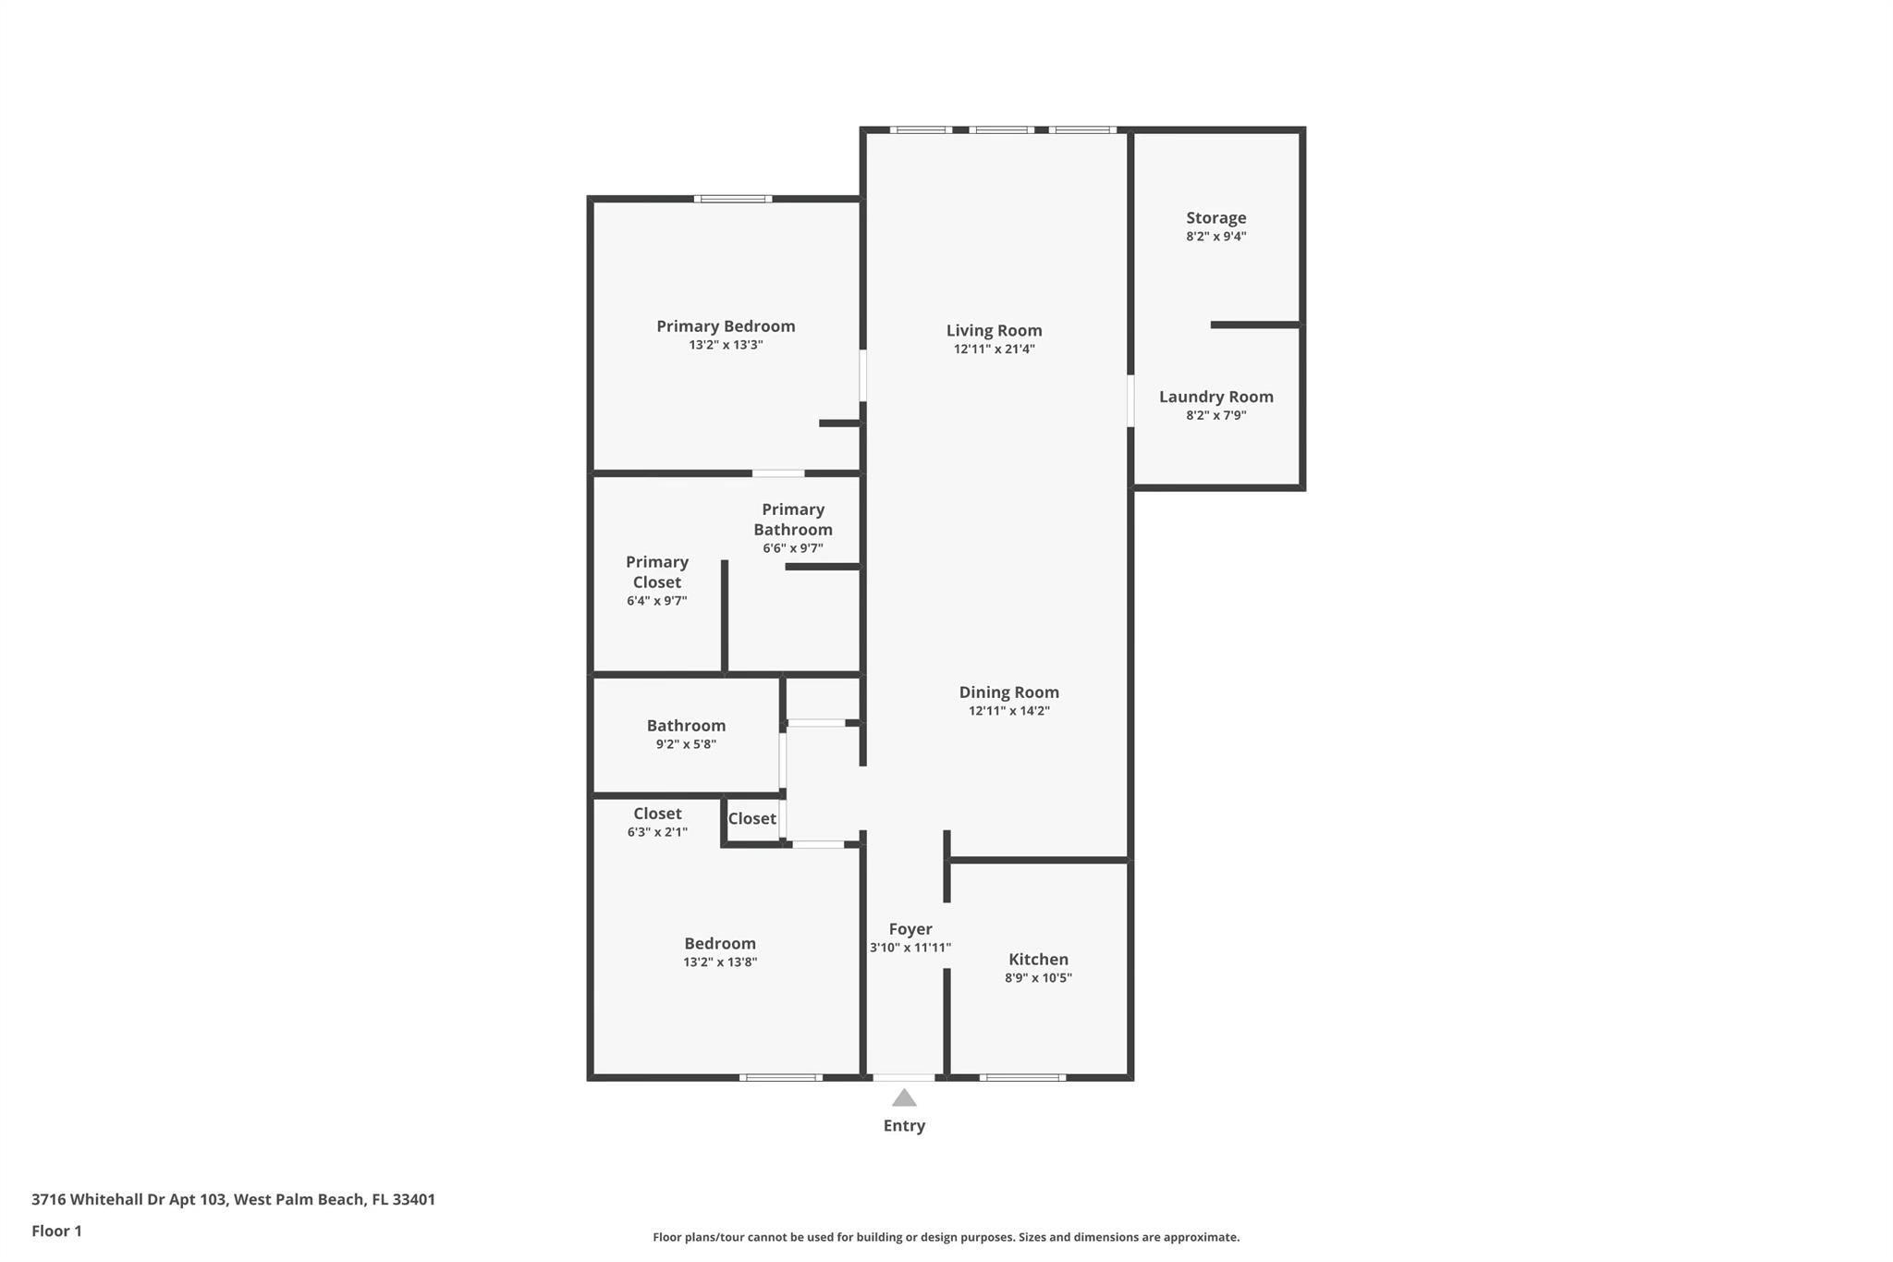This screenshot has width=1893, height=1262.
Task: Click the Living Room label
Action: [994, 330]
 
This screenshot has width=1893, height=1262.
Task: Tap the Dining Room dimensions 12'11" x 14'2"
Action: [1008, 711]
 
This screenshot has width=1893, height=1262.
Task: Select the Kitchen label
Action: [1038, 960]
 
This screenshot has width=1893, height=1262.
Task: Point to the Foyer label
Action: [910, 929]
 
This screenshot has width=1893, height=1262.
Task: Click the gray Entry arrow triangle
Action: [904, 1097]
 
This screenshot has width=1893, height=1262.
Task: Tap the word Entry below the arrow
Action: [904, 1126]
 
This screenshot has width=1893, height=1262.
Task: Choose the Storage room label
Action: [1216, 218]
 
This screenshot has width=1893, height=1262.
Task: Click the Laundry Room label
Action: [1216, 397]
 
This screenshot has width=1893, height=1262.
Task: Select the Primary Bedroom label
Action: [726, 326]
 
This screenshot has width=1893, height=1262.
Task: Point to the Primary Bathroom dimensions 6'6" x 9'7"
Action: [793, 548]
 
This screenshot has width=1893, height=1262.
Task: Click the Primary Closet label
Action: [657, 572]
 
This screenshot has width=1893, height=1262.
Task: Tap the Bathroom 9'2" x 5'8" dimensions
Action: [686, 744]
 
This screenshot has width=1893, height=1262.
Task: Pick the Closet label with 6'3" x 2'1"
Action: [657, 814]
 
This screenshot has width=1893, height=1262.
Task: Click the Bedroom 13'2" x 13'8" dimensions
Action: [720, 962]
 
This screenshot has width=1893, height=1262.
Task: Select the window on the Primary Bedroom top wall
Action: [733, 198]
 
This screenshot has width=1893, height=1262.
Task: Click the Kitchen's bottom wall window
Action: [1022, 1077]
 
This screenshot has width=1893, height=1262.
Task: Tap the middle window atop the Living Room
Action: [1002, 129]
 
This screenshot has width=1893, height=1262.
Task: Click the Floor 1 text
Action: [56, 1231]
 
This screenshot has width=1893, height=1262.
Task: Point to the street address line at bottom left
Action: [233, 1200]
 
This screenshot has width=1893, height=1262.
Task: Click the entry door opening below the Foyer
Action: [904, 1077]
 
